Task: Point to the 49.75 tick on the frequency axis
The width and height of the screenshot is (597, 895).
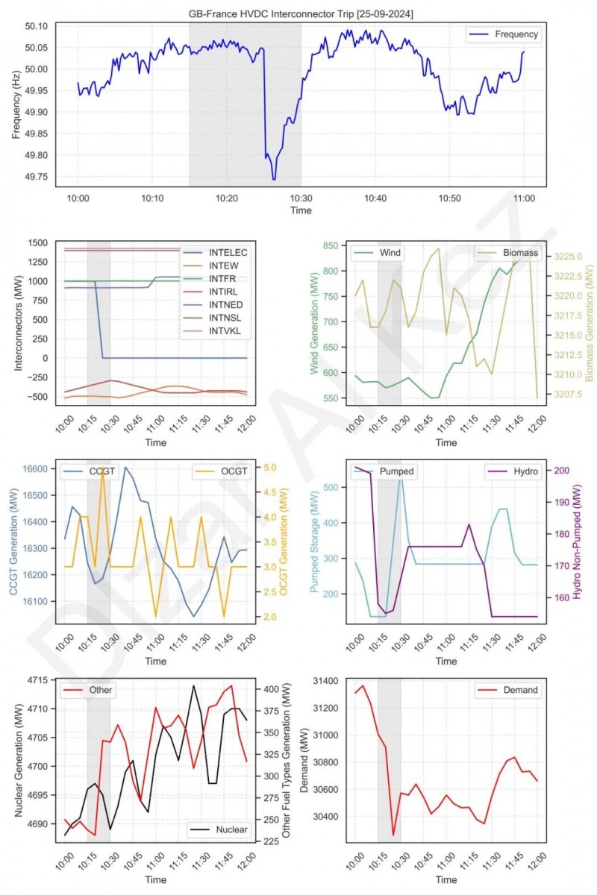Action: [37, 177]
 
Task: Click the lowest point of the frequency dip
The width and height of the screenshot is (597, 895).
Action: [274, 179]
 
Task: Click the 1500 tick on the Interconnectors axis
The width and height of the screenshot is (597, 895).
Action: [37, 243]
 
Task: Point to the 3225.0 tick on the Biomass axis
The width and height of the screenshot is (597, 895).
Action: [571, 257]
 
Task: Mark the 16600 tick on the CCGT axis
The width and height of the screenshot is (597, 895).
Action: [38, 469]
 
